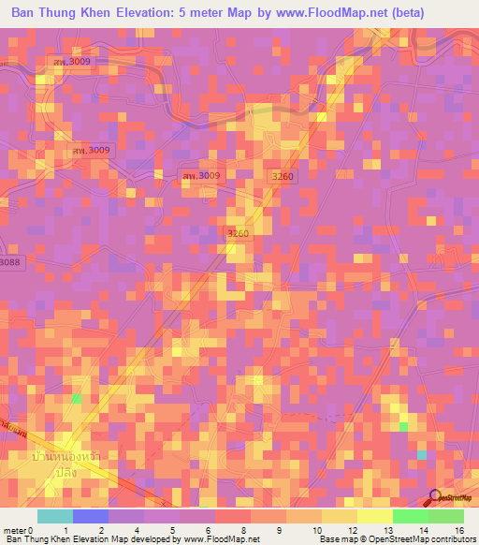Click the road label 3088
pyautogui.click(x=10, y=264)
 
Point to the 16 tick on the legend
pyautogui.click(x=457, y=531)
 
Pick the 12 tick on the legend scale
pyautogui.click(x=351, y=531)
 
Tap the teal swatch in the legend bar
pyautogui.click(x=55, y=516)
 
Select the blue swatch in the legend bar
pyautogui.click(x=91, y=516)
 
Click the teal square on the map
pyautogui.click(x=421, y=455)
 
